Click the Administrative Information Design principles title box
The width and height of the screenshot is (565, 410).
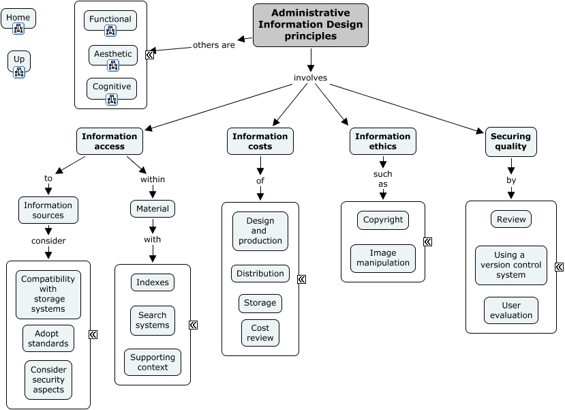[x=310, y=25]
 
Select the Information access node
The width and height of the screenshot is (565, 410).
[x=110, y=141]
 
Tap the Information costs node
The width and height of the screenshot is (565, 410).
[x=260, y=141]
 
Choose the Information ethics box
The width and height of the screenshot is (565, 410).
[x=382, y=141]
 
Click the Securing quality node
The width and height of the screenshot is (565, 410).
[x=510, y=141]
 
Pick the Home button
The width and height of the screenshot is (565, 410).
[x=18, y=18]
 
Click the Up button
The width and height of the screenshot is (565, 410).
[x=19, y=59]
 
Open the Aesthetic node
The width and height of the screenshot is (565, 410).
[x=112, y=54]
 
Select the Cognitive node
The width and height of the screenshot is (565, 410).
[x=112, y=87]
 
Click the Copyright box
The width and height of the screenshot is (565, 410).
[x=383, y=220]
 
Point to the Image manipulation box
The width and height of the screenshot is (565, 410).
[x=383, y=258]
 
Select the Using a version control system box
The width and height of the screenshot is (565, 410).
[x=511, y=265]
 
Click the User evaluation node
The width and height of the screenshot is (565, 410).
[x=511, y=310]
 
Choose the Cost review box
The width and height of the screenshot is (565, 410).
[x=260, y=333]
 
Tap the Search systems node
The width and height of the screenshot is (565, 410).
[x=153, y=321]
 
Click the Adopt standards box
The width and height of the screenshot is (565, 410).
[x=48, y=338]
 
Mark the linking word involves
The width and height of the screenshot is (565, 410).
[x=311, y=78]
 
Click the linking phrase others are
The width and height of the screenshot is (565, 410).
[x=214, y=45]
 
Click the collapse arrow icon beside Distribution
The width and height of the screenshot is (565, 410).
[x=301, y=279]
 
